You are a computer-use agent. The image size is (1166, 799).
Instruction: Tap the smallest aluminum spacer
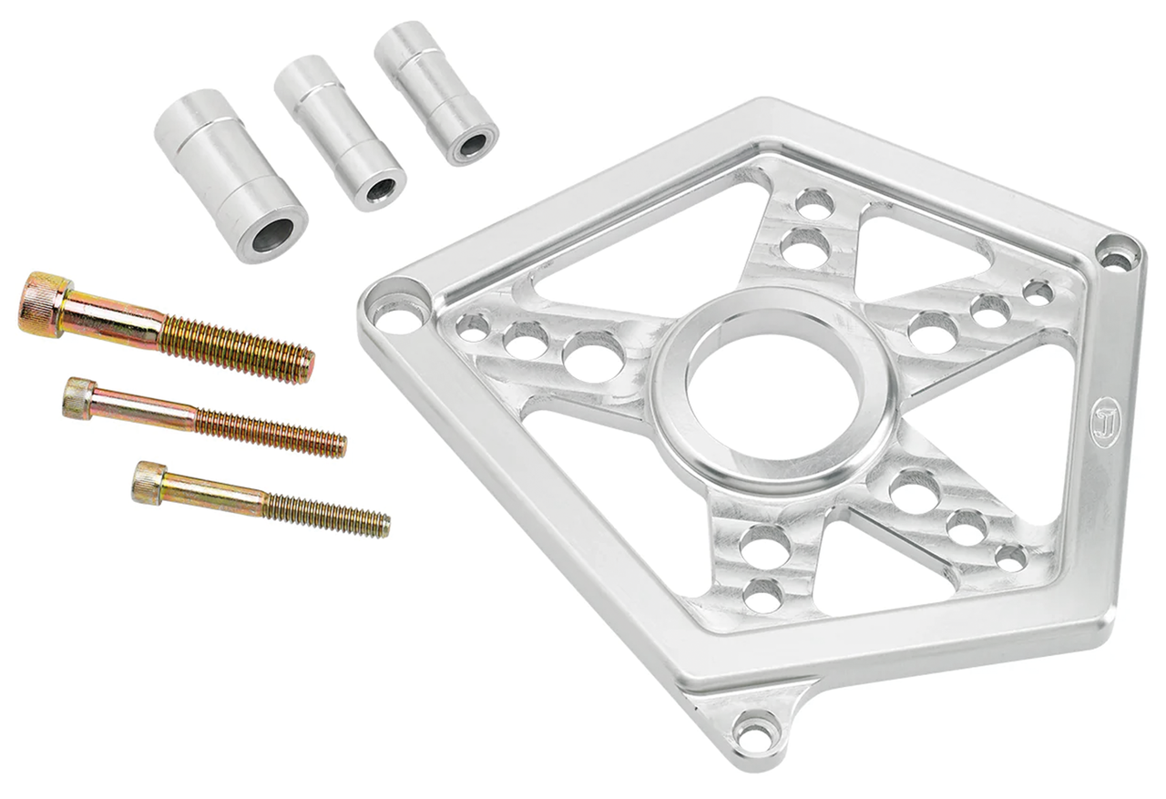pyautogui.click(x=435, y=90)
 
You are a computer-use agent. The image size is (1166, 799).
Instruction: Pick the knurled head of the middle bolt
pyautogui.click(x=80, y=397)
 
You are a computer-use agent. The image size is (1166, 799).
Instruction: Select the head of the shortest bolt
pyautogui.click(x=149, y=480)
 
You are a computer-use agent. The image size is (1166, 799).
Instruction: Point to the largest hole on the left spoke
pyautogui.click(x=592, y=355)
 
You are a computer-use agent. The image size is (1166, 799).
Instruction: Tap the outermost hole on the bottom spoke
pyautogui.click(x=763, y=594)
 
